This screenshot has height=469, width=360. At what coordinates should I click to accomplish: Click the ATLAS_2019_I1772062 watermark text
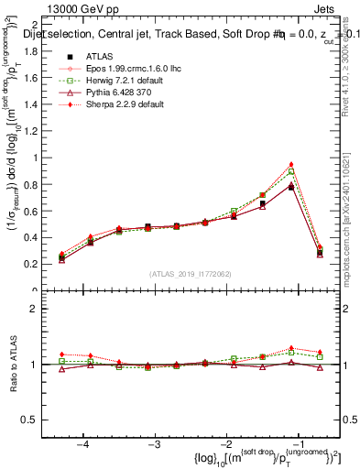coord(191,274)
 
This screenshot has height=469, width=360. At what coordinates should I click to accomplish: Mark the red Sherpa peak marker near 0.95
coord(291,164)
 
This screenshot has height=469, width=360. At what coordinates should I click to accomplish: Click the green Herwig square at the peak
coord(291,171)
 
